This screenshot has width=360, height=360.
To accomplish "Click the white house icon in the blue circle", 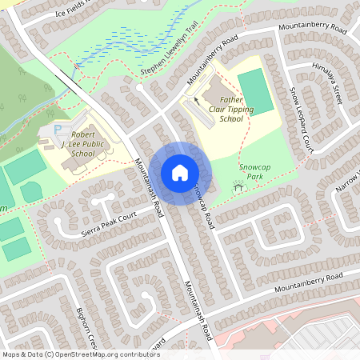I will (179, 173).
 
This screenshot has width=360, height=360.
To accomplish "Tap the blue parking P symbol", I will (58, 129).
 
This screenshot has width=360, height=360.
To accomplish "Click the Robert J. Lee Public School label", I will (82, 144).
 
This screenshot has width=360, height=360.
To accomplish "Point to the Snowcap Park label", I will (255, 171).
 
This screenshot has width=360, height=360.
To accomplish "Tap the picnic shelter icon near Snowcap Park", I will (237, 186).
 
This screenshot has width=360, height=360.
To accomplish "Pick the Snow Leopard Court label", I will (299, 120).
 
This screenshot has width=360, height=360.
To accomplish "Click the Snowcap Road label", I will (202, 206).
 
